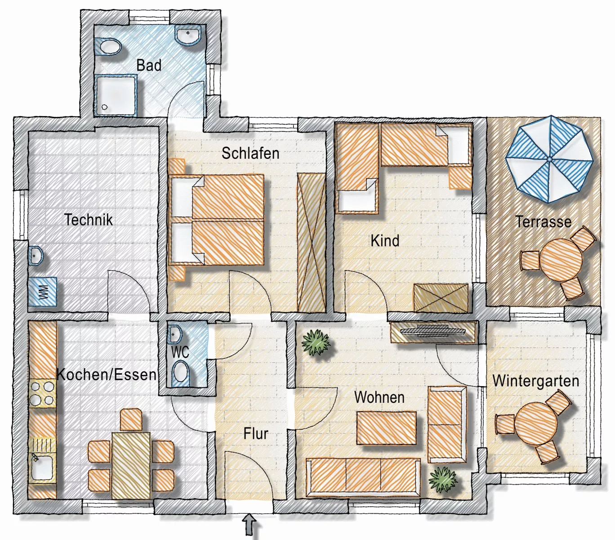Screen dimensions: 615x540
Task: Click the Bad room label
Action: pyautogui.click(x=149, y=65)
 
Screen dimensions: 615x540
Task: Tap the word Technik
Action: pyautogui.click(x=88, y=220)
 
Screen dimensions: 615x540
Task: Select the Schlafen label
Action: pyautogui.click(x=250, y=153)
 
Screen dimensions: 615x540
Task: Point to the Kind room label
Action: pyautogui.click(x=385, y=241)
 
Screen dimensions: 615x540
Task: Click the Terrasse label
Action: pyautogui.click(x=544, y=221)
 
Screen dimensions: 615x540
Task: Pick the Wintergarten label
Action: pyautogui.click(x=536, y=381)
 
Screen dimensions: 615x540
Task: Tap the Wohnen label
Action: pyautogui.click(x=379, y=397)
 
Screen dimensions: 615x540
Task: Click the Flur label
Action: pyautogui.click(x=256, y=434)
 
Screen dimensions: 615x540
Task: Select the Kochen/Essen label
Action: pyautogui.click(x=107, y=374)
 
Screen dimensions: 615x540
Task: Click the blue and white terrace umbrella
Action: pyautogui.click(x=549, y=159)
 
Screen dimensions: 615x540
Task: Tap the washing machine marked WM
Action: pyautogui.click(x=43, y=292)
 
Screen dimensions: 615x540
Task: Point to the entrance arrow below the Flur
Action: pyautogui.click(x=250, y=524)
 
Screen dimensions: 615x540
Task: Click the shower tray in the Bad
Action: pyautogui.click(x=116, y=95)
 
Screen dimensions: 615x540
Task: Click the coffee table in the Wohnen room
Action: pyautogui.click(x=387, y=428)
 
